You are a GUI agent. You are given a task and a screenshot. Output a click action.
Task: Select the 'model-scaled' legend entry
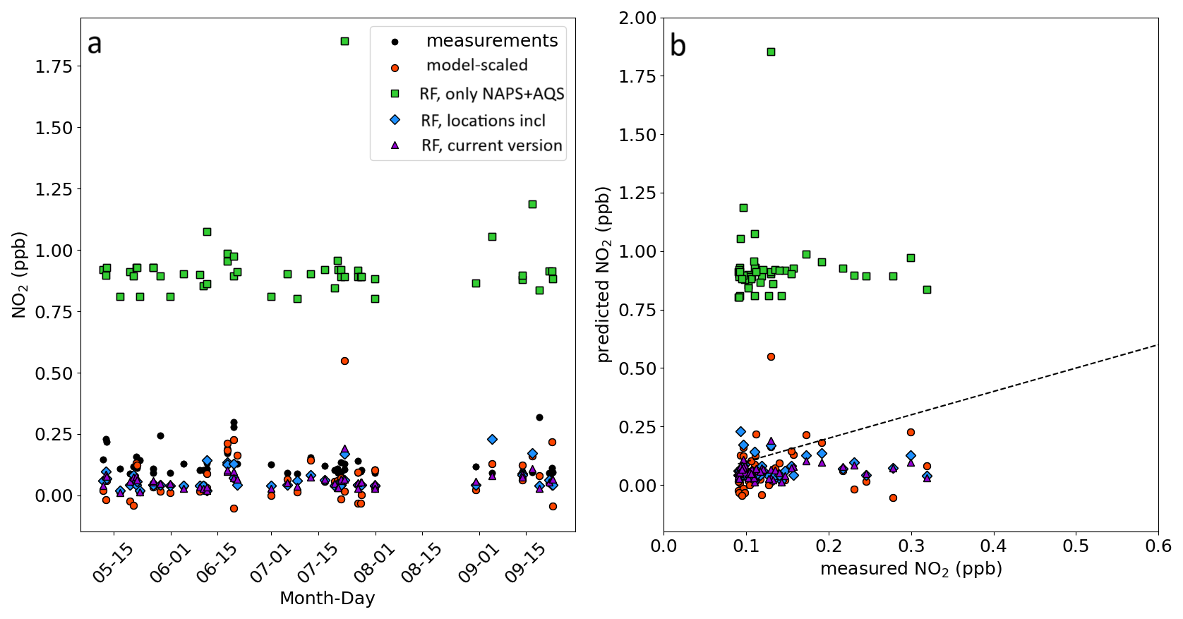[476, 66]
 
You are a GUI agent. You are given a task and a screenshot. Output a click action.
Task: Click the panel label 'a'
[95, 44]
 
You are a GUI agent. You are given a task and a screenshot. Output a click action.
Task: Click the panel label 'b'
[678, 46]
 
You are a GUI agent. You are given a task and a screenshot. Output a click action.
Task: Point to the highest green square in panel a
[344, 41]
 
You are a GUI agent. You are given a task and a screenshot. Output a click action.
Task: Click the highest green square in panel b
[771, 52]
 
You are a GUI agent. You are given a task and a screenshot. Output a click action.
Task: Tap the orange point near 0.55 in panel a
[344, 361]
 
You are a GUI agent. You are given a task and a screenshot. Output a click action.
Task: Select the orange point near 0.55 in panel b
[771, 356]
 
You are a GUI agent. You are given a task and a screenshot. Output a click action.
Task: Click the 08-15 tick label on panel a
[422, 564]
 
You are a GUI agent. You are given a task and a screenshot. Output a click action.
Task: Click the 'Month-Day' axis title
[327, 599]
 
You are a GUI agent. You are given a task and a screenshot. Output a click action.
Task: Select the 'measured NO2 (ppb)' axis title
[911, 569]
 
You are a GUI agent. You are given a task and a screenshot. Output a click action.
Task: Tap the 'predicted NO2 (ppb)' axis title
[603, 275]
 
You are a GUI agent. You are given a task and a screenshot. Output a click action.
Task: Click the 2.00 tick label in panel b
[637, 18]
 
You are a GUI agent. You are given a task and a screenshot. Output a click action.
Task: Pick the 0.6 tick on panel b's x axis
[1158, 546]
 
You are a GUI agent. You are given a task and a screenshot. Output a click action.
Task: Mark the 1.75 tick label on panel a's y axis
[54, 66]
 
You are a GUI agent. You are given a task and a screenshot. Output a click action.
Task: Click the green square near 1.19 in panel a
[532, 204]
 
